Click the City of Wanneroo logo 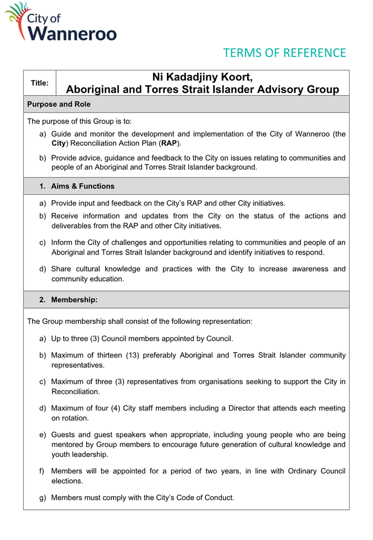(x=60, y=22)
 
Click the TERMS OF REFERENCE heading (x=284, y=53)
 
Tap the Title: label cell (x=40, y=83)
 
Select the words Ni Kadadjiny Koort (x=202, y=77)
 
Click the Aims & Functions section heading (x=82, y=186)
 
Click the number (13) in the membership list (x=128, y=355)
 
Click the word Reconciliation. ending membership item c (x=76, y=392)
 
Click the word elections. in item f (x=67, y=481)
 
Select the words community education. (x=88, y=279)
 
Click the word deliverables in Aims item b (x=73, y=226)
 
